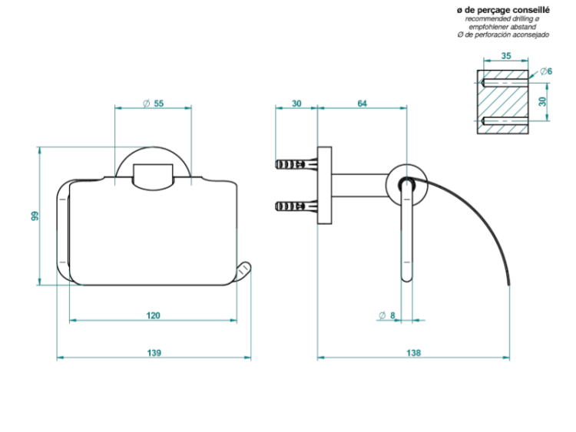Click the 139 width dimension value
click(154, 353)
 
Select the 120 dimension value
click(153, 315)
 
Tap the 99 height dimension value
click(35, 216)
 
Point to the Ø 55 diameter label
click(154, 104)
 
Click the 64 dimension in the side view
click(362, 104)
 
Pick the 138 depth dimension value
click(413, 353)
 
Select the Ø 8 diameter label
click(387, 315)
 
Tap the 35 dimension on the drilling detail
click(506, 56)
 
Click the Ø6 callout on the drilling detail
click(546, 71)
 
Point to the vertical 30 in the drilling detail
click(542, 101)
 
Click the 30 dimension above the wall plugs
click(296, 104)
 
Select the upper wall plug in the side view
click(296, 164)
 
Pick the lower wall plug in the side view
click(296, 206)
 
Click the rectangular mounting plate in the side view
click(325, 186)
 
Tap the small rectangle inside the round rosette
click(153, 177)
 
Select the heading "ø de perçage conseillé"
click(503, 10)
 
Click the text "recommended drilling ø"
click(502, 18)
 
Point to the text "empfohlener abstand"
click(502, 27)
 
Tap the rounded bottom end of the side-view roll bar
click(406, 279)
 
